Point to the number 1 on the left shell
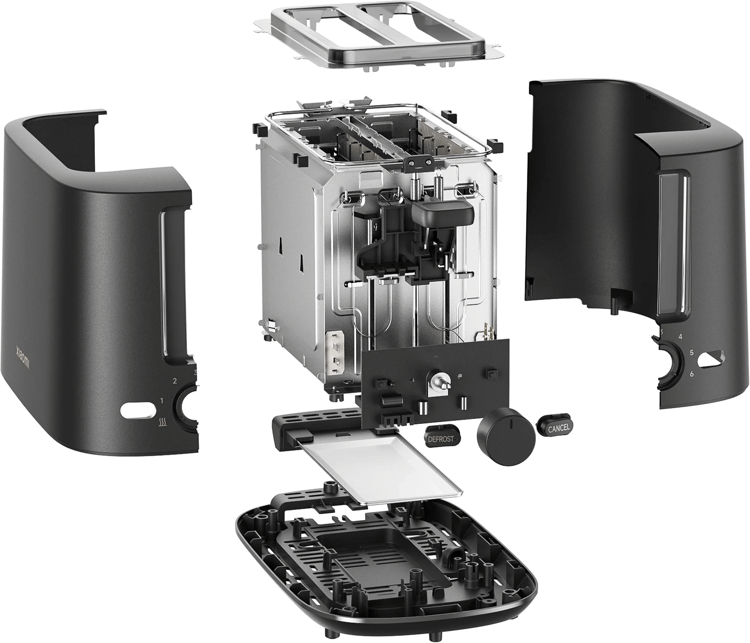coord(162,401)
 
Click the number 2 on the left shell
coord(175,381)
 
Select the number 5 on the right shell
coord(691,352)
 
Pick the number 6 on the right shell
coord(691,374)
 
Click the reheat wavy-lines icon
coord(162,423)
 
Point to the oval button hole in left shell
coord(137,410)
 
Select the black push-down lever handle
coord(443,214)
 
